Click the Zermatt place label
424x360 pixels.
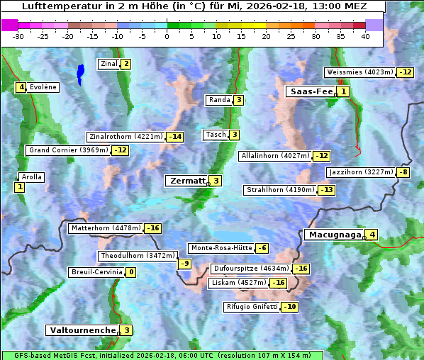186,181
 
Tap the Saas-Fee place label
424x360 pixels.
311,91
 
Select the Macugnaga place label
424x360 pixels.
334,235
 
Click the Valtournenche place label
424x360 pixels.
82,330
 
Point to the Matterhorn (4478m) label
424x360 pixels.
105,228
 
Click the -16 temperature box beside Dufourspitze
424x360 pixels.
301,269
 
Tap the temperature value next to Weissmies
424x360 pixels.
406,72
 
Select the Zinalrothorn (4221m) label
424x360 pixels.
125,137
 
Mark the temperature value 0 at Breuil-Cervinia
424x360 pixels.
131,272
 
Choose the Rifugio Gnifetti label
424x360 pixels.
252,307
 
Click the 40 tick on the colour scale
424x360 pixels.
365,37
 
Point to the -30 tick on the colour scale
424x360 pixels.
18,37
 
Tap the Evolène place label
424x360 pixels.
43,87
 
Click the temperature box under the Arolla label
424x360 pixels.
19,187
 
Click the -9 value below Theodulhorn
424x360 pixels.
184,264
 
